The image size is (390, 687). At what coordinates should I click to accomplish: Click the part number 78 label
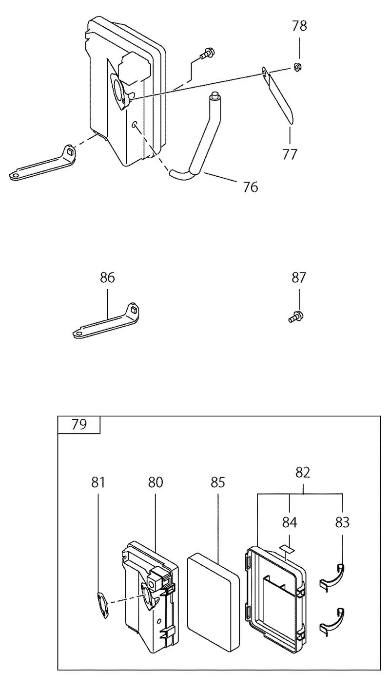coord(299,26)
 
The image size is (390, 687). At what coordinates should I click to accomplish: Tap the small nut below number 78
coord(297,67)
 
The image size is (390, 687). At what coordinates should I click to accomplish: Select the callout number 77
coord(290,154)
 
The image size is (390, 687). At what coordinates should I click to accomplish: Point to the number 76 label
coord(250,187)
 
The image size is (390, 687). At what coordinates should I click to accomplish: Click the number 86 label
coord(107,278)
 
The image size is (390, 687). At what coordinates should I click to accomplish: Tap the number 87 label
coord(299,278)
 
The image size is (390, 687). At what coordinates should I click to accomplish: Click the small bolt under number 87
coord(296,316)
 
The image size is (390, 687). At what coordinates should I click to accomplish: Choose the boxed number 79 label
coord(79,425)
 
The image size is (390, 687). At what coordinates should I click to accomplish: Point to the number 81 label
coord(98,483)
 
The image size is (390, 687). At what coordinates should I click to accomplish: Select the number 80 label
coord(156,483)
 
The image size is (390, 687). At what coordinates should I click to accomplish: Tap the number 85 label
coord(218,483)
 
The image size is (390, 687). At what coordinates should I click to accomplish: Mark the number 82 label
coord(303,473)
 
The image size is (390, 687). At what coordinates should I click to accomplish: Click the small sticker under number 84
coord(286,548)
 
